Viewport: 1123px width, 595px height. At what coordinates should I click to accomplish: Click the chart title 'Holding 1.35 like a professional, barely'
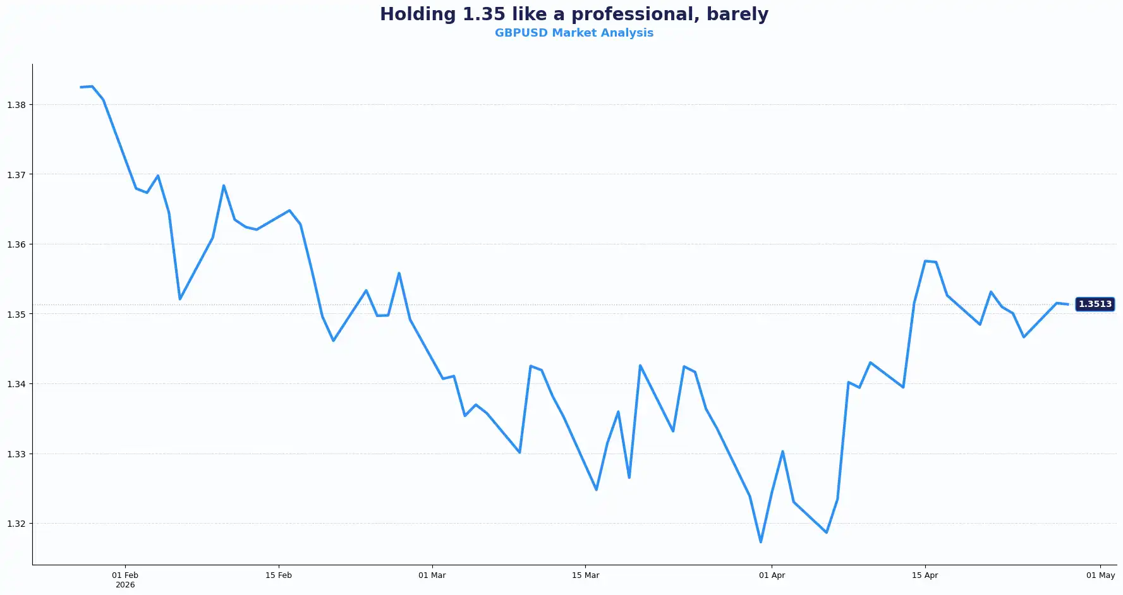point(574,14)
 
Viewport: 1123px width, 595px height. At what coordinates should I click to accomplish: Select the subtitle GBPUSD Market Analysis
point(574,33)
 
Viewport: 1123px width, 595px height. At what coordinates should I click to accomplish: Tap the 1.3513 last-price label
point(1095,304)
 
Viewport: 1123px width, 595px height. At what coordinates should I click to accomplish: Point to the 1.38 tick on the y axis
point(16,105)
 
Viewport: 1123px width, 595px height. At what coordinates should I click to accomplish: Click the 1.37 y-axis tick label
point(16,175)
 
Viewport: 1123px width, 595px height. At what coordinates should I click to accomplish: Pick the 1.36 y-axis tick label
point(16,244)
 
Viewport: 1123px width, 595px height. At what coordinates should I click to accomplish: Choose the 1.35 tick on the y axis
point(16,315)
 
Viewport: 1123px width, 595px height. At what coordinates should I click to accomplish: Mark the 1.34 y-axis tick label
point(16,384)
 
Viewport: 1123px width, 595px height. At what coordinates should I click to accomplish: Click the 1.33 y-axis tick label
point(16,454)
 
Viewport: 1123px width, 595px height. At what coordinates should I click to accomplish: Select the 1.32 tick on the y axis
point(16,524)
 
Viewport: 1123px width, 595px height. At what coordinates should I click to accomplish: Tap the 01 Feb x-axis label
point(125,575)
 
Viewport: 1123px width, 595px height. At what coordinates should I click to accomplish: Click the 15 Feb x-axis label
point(279,575)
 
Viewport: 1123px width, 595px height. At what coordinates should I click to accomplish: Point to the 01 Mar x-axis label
point(432,575)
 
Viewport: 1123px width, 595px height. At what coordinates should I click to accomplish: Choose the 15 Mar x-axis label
point(586,575)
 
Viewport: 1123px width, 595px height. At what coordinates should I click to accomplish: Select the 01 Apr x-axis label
point(772,575)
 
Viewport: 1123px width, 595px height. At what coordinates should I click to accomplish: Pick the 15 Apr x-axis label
point(925,575)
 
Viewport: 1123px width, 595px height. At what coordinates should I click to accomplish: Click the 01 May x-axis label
point(1101,575)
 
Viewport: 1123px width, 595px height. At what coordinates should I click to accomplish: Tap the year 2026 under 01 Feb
point(125,585)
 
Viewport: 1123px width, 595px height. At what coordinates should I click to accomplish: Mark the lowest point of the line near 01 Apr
point(761,542)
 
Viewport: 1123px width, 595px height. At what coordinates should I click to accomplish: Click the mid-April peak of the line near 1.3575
point(925,261)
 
